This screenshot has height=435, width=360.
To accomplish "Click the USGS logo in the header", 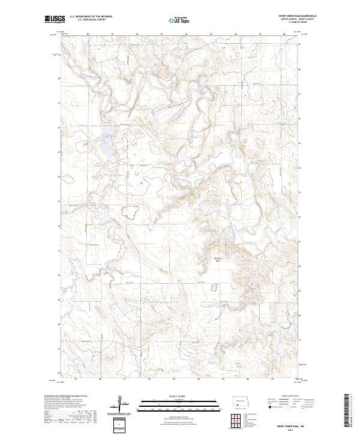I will click(55, 20).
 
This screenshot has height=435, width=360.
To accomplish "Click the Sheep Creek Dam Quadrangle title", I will click(298, 16).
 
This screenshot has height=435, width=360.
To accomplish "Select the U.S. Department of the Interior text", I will click(91, 16).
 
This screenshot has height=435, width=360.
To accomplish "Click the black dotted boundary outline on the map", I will click(131, 211).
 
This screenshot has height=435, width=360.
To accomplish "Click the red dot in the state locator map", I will click(239, 403).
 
